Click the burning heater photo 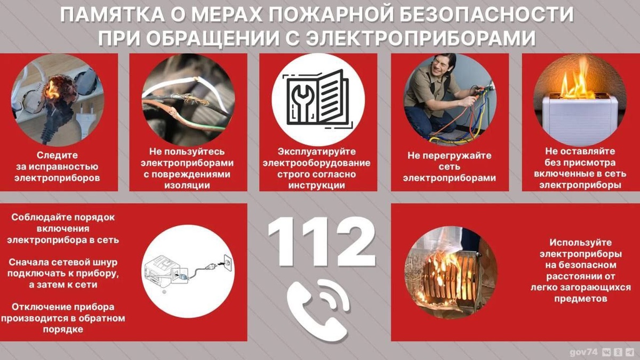(449, 273)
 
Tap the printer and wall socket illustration (188, 271)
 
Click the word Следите (57, 155)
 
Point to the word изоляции (188, 185)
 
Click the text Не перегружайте (449, 156)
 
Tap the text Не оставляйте (579, 151)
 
